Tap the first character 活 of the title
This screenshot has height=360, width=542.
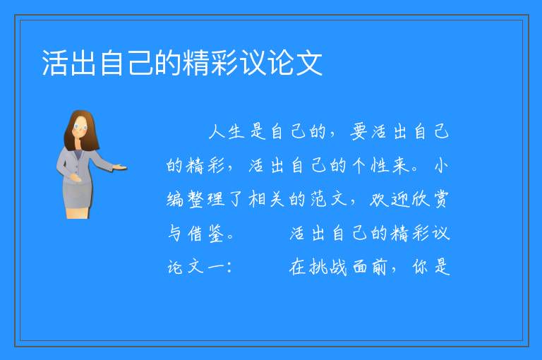click(54, 63)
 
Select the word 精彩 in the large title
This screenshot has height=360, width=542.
click(210, 63)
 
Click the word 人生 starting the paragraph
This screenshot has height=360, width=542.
click(227, 132)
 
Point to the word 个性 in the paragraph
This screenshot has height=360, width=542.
click(371, 165)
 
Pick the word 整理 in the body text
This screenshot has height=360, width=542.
click(206, 199)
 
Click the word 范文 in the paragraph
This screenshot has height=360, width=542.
click(328, 199)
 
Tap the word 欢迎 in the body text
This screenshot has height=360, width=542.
click(389, 199)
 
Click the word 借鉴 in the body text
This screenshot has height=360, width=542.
click(206, 234)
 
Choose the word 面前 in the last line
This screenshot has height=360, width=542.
click(369, 267)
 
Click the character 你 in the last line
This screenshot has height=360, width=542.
click(420, 267)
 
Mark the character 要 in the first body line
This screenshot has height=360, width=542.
click(359, 132)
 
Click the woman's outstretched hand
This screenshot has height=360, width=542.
click(120, 168)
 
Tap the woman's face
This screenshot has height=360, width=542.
click(80, 127)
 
